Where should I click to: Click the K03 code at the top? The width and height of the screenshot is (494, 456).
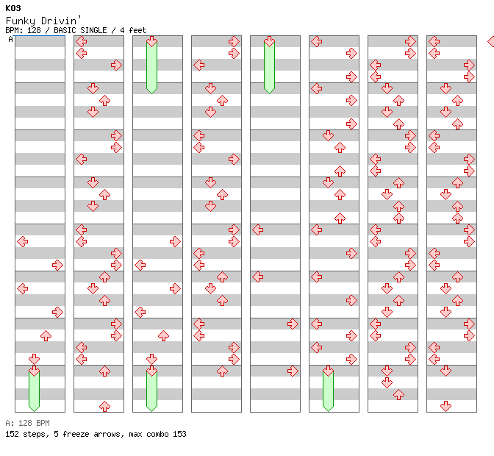click(12, 8)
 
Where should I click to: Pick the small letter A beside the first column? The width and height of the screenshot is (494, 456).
click(10, 40)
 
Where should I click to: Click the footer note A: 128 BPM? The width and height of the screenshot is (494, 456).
click(27, 423)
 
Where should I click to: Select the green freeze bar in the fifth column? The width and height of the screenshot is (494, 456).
click(269, 66)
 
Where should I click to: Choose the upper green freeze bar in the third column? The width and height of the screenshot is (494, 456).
click(151, 66)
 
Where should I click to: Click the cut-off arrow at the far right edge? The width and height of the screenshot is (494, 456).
click(490, 42)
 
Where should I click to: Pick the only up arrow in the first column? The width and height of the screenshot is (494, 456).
click(46, 335)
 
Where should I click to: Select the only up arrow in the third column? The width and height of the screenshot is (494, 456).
click(163, 335)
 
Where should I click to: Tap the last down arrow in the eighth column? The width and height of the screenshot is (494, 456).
click(445, 406)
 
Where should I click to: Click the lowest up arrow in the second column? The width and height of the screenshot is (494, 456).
click(104, 406)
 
